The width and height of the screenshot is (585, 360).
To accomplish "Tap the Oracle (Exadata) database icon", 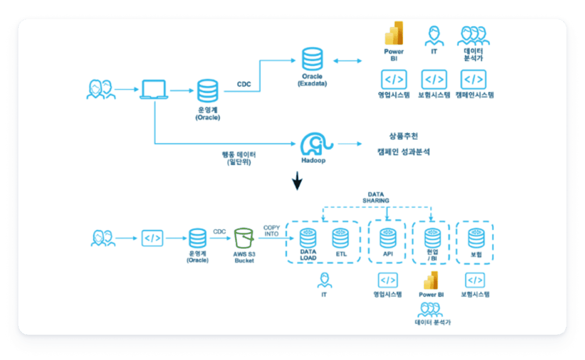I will click(312, 59).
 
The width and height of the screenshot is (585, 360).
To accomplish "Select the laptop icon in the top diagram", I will click(154, 89).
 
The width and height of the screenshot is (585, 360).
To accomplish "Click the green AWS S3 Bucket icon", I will click(244, 238).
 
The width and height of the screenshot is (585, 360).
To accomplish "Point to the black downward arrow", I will click(297, 181).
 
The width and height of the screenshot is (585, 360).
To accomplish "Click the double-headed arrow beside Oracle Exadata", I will click(347, 61).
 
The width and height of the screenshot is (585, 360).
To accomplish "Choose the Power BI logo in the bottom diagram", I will click(431, 281).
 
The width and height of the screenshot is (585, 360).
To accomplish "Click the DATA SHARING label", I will click(376, 198).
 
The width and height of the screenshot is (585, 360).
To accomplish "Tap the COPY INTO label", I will click(271, 231).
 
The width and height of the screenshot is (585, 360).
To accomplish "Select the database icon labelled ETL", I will click(340, 238).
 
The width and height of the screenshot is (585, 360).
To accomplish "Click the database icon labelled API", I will click(388, 238).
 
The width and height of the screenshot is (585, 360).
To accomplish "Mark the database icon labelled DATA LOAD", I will click(308, 238).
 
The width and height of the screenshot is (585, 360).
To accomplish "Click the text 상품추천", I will click(403, 136).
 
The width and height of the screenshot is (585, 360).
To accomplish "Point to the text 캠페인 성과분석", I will click(403, 152).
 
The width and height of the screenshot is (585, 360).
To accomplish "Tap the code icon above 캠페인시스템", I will click(473, 79).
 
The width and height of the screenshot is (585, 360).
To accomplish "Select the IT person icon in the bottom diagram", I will click(324, 281).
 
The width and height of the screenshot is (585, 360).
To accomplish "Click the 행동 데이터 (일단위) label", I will click(239, 158).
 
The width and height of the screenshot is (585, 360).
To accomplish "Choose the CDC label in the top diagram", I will click(244, 84).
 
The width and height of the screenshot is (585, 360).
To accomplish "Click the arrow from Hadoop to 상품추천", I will click(349, 144).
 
